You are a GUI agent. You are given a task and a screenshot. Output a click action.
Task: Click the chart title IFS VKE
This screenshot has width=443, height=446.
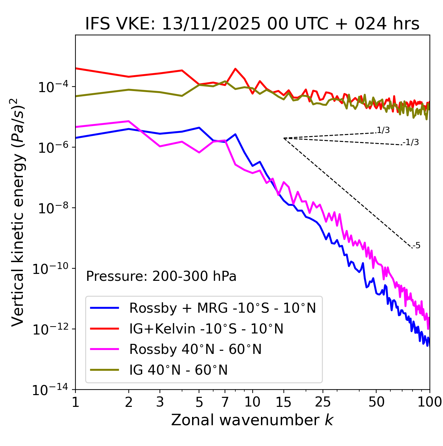tap(252, 24)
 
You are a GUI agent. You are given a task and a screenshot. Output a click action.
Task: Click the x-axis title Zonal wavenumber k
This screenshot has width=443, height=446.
tap(252, 420)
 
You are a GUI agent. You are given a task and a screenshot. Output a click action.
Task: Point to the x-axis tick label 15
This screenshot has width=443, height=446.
tap(283, 402)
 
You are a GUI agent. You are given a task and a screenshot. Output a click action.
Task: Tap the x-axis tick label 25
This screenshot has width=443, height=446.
tap(323, 402)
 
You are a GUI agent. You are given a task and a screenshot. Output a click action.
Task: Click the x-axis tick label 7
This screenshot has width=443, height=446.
tap(225, 402)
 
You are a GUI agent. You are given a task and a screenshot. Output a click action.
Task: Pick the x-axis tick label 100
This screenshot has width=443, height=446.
tap(430, 402)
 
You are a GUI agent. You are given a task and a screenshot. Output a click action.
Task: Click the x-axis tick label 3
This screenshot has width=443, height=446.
tap(160, 402)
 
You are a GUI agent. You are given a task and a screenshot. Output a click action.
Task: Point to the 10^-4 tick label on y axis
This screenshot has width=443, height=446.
tap(52, 87)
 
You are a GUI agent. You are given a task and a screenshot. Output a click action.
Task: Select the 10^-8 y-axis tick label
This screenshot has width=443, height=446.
tap(52, 208)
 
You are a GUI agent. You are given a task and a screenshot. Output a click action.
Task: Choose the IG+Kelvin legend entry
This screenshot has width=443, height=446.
tap(206, 329)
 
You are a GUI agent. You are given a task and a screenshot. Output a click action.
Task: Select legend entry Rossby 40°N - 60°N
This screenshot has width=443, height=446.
tap(195, 349)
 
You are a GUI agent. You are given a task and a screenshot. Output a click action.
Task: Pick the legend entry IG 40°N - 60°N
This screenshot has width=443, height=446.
tap(178, 370)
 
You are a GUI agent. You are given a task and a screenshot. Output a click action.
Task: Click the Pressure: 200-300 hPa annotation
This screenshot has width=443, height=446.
tap(161, 276)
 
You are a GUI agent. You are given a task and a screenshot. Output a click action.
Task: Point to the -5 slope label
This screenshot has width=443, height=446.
tap(416, 246)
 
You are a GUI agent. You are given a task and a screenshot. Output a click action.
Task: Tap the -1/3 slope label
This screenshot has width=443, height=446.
tap(411, 142)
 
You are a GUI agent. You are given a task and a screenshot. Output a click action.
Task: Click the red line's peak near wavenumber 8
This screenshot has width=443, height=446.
tap(235, 69)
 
